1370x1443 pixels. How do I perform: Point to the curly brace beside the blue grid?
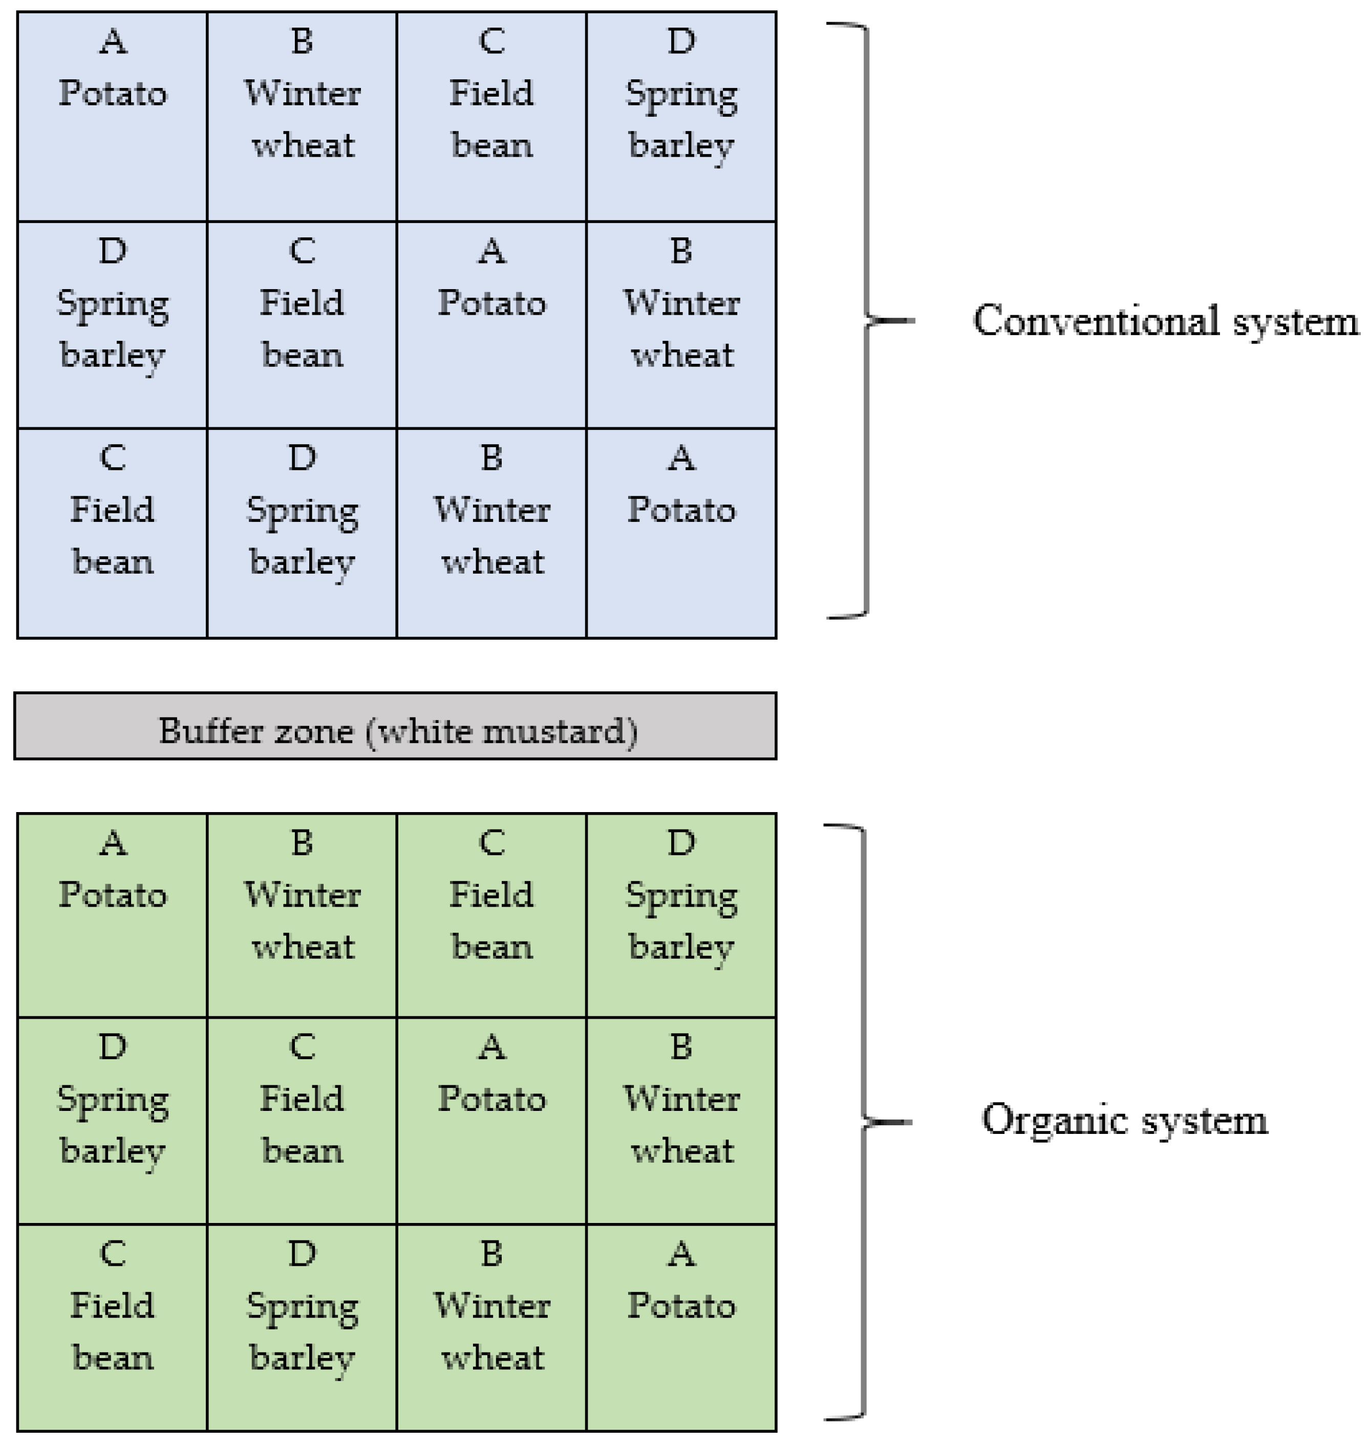[867, 320]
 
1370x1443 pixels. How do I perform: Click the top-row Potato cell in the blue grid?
[113, 116]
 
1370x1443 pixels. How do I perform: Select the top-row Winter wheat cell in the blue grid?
[303, 116]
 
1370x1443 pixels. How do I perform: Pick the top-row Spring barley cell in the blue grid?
[681, 116]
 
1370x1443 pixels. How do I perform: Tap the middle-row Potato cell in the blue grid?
[491, 325]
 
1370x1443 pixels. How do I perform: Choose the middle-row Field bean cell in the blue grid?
[303, 325]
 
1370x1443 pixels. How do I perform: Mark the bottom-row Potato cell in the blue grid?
[681, 533]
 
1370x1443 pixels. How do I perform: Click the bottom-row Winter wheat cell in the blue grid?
[491, 533]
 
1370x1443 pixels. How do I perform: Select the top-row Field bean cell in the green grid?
[491, 915]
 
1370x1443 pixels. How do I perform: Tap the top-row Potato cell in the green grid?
[113, 915]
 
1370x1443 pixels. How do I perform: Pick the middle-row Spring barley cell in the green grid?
[113, 1121]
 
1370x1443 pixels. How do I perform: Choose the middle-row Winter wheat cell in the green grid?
[681, 1121]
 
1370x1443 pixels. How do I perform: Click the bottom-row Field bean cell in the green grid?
[113, 1327]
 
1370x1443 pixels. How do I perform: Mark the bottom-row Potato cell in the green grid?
[681, 1327]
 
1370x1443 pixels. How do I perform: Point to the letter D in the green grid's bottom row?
[303, 1253]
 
